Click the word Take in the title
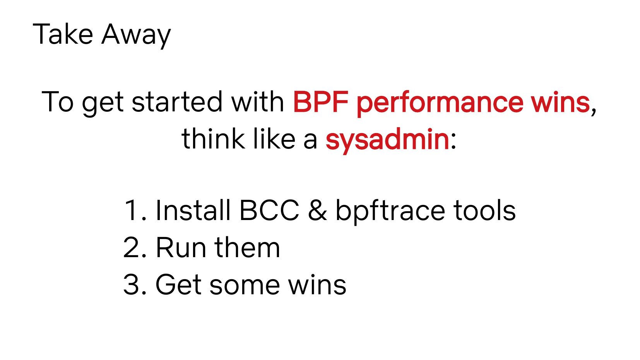pyautogui.click(x=63, y=34)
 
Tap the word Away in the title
pyautogui.click(x=136, y=36)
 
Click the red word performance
pyautogui.click(x=440, y=103)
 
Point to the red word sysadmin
pyautogui.click(x=387, y=140)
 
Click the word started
pyautogui.click(x=177, y=102)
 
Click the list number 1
pyautogui.click(x=134, y=210)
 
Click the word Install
pyautogui.click(x=193, y=210)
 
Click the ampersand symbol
pyautogui.click(x=317, y=210)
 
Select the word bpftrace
pyautogui.click(x=390, y=212)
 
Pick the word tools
pyautogui.click(x=484, y=210)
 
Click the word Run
pyautogui.click(x=181, y=247)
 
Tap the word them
pyautogui.click(x=247, y=247)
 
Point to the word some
pyautogui.click(x=245, y=286)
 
